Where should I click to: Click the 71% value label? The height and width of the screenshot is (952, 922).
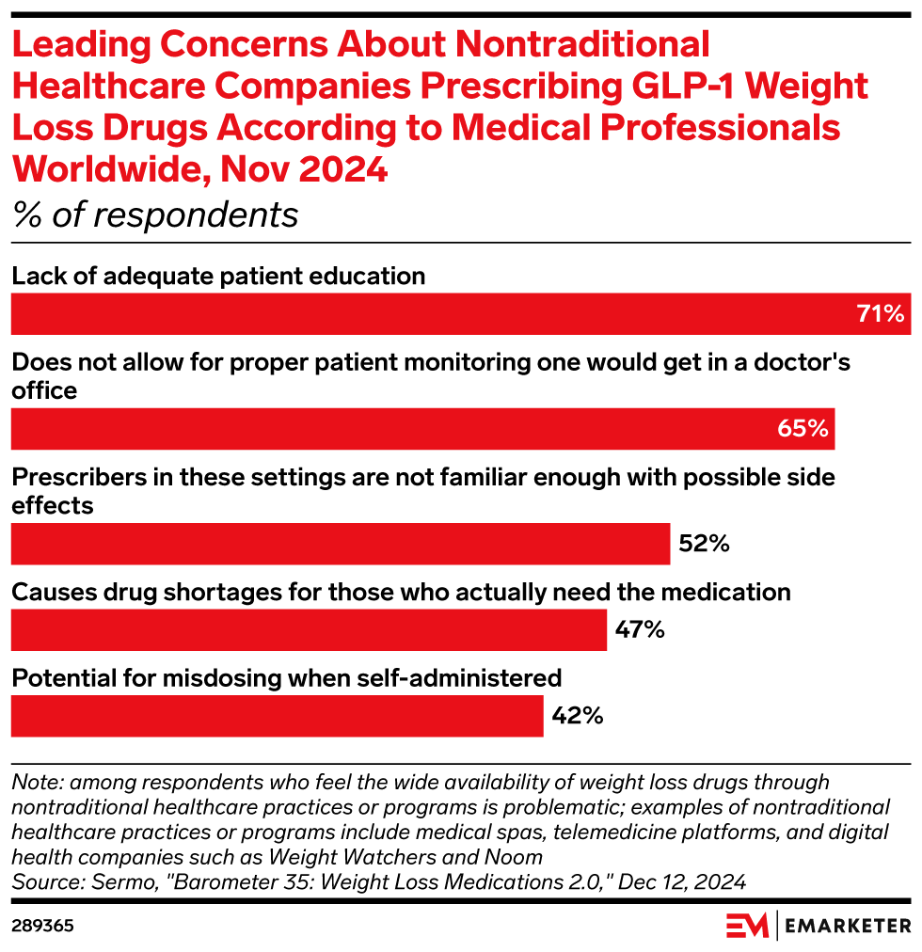(881, 314)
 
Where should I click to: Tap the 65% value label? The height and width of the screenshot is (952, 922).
(803, 429)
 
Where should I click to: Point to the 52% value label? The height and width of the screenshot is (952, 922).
(703, 544)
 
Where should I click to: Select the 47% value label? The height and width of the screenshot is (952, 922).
(640, 629)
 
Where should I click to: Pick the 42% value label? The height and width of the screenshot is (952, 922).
(577, 716)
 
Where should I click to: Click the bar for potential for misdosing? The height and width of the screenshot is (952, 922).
(277, 716)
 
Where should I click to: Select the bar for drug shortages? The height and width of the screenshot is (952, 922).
(309, 629)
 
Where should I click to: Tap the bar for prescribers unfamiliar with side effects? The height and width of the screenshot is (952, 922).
(340, 544)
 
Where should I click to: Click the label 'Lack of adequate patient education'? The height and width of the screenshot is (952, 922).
(218, 276)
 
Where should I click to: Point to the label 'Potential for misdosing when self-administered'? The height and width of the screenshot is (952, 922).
(286, 677)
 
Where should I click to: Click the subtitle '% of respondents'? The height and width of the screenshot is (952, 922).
(155, 215)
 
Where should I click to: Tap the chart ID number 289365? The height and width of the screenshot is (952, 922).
(42, 926)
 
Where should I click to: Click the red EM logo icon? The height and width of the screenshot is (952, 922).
(747, 926)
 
